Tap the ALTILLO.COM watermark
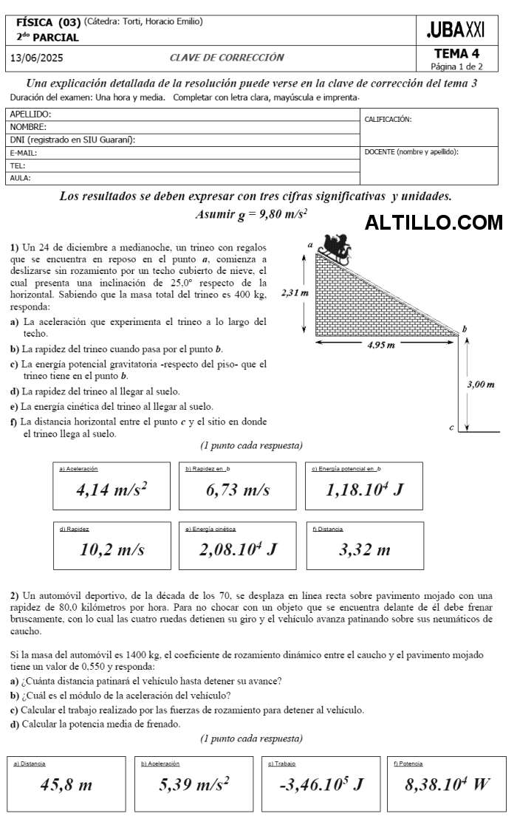[x=434, y=222]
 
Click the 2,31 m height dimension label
[x=295, y=293]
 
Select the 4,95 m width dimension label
[x=380, y=345]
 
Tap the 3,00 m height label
[x=481, y=384]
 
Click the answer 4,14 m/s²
[x=112, y=490]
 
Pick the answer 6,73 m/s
[x=238, y=490]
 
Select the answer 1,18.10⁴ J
[x=364, y=490]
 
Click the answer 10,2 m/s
[x=112, y=549]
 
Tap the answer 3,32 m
[x=364, y=549]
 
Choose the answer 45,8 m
[x=66, y=784]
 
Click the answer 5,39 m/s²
[x=194, y=784]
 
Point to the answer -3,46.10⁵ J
[x=321, y=784]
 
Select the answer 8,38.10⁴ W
[x=448, y=784]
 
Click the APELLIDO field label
[x=30, y=114]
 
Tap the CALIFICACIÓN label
[x=388, y=119]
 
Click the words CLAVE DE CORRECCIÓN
[x=227, y=58]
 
